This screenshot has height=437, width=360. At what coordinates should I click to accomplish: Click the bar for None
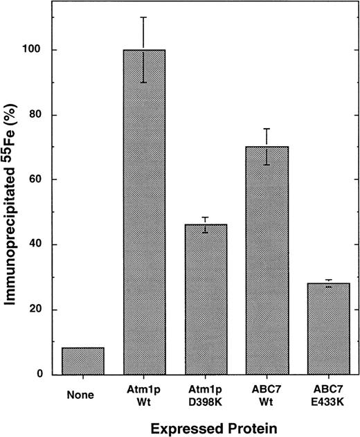click(82, 361)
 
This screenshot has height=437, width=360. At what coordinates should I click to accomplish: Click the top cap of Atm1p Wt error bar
click(144, 17)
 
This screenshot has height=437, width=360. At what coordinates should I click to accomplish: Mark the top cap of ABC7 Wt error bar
click(267, 129)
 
